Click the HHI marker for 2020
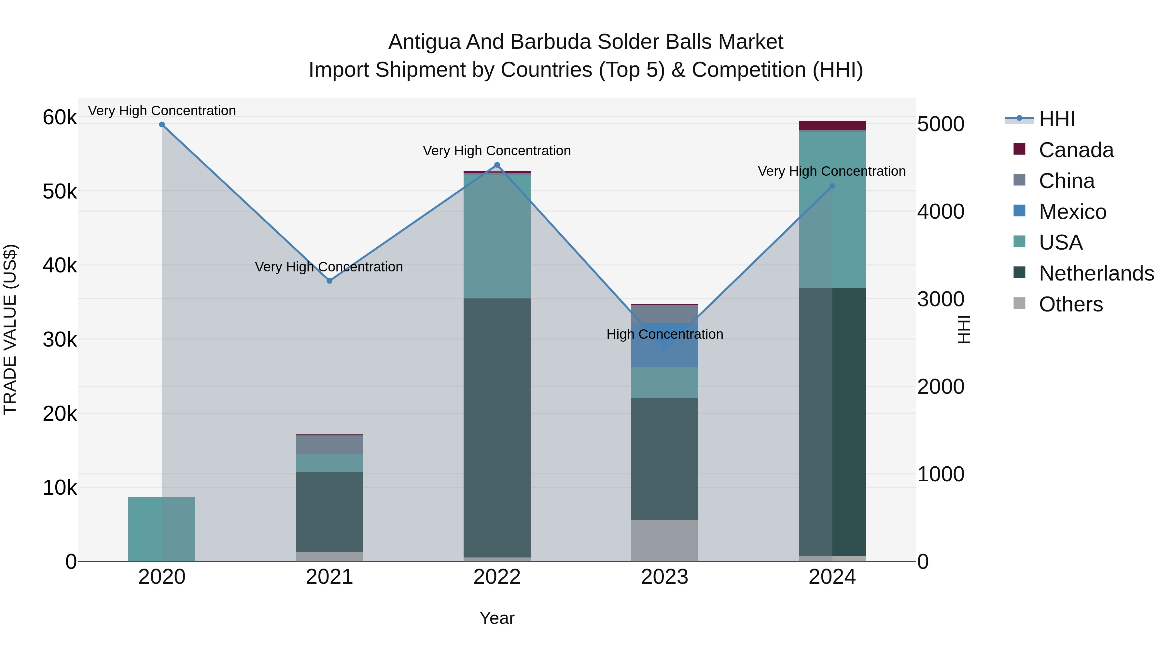[162, 125]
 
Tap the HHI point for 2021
[329, 281]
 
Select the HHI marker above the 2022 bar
[497, 165]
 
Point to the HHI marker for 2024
[832, 186]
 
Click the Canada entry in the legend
[1076, 150]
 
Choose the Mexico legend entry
[1072, 212]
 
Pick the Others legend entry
[1070, 304]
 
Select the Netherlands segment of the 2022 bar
[497, 428]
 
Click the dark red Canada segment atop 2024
[832, 126]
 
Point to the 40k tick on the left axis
[60, 266]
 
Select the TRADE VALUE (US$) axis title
[10, 329]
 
